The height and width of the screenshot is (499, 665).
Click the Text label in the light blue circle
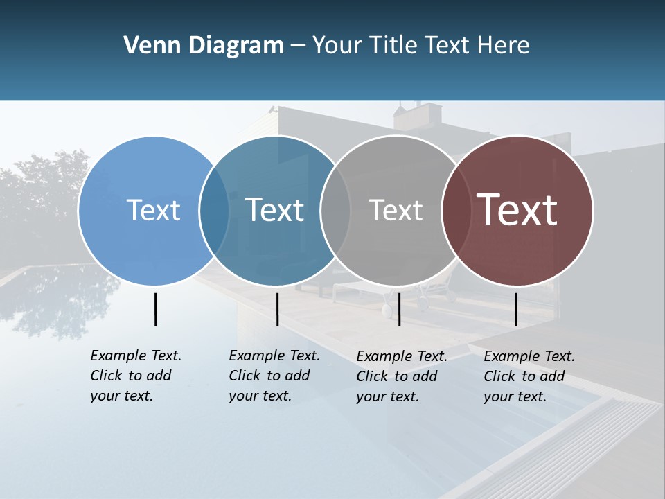[x=153, y=210]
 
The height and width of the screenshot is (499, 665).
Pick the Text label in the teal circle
[x=274, y=210]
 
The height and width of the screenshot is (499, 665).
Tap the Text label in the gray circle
[x=396, y=210]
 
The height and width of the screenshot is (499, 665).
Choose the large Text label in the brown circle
[x=517, y=210]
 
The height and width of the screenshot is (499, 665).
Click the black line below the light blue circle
[x=155, y=309]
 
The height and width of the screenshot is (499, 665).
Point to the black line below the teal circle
[x=277, y=309]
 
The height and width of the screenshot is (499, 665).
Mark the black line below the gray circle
[x=400, y=309]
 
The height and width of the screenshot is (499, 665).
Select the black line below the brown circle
[x=516, y=309]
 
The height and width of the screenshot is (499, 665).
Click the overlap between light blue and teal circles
[x=215, y=210]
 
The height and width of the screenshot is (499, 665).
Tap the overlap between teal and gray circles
[x=336, y=210]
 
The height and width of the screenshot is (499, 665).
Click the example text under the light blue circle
[x=136, y=376]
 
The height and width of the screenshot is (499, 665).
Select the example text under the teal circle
[x=274, y=376]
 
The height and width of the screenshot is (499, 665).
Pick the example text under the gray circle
[x=402, y=376]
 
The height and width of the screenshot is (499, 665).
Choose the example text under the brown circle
[x=529, y=376]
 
